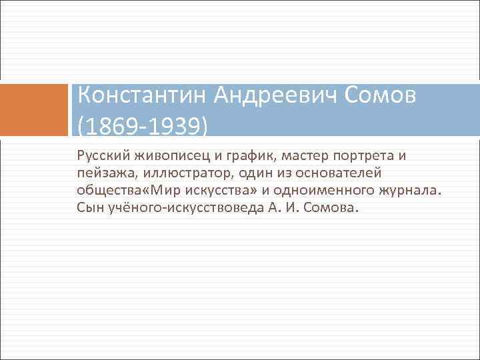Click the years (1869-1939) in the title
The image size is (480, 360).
(x=143, y=124)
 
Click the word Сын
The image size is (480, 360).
(x=89, y=208)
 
